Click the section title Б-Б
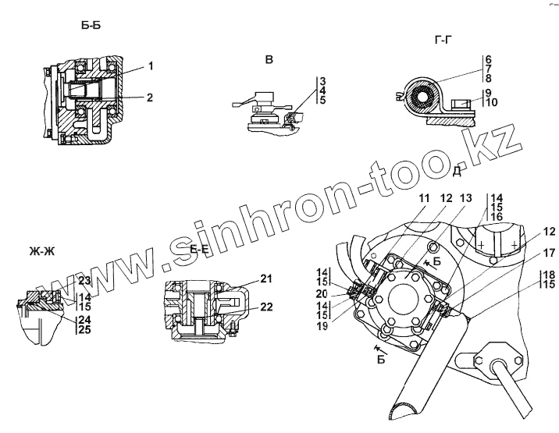(91, 26)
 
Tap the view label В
(269, 60)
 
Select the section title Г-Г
(443, 38)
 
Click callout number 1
(150, 66)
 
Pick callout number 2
(150, 98)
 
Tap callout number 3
(322, 80)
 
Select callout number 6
(488, 59)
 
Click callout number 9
(488, 91)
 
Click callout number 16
(497, 217)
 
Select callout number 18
(549, 275)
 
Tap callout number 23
(85, 280)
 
